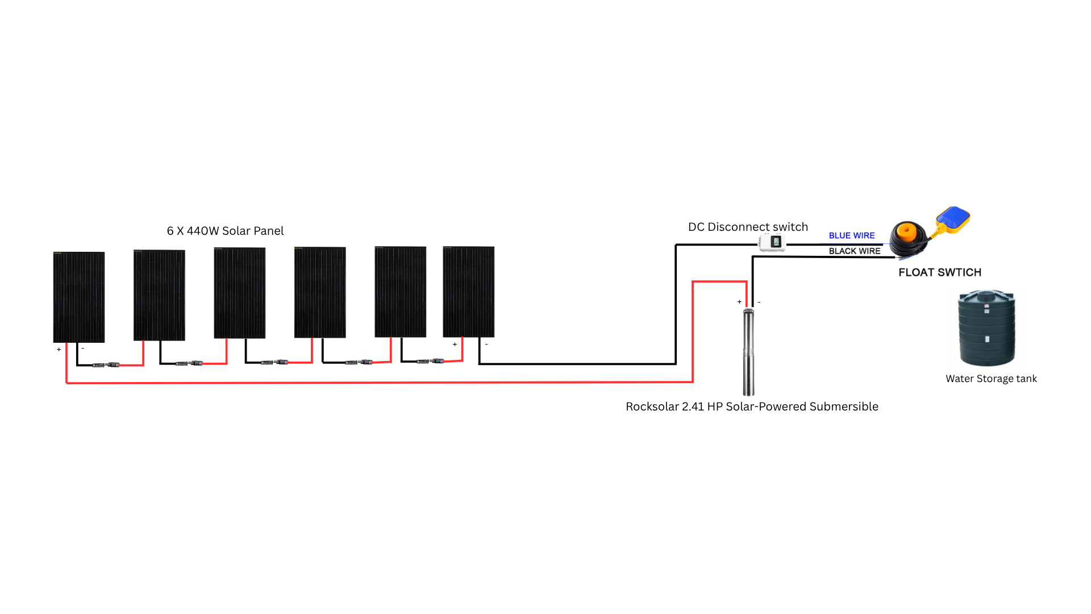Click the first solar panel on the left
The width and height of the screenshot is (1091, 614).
79,297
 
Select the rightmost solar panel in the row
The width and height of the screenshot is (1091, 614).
469,292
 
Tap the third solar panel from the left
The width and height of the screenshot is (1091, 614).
240,293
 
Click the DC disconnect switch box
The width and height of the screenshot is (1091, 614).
772,242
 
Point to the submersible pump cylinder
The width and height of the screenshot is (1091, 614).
749,352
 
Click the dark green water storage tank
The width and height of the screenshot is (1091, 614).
987,328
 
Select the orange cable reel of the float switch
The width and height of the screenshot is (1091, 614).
907,235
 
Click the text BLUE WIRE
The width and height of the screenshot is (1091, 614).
851,235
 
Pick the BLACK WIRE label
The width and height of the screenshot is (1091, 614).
854,251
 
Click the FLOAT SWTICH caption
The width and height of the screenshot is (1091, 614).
940,272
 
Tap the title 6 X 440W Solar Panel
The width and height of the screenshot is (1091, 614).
225,231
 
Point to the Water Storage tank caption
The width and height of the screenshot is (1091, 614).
991,379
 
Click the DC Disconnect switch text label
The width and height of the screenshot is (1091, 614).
748,227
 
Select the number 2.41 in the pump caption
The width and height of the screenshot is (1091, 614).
693,406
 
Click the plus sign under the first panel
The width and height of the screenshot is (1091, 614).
59,350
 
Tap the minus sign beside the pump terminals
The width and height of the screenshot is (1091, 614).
759,302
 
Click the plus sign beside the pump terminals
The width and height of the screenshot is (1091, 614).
739,302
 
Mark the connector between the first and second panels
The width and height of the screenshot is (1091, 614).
106,364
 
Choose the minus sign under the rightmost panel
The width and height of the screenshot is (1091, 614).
486,345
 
